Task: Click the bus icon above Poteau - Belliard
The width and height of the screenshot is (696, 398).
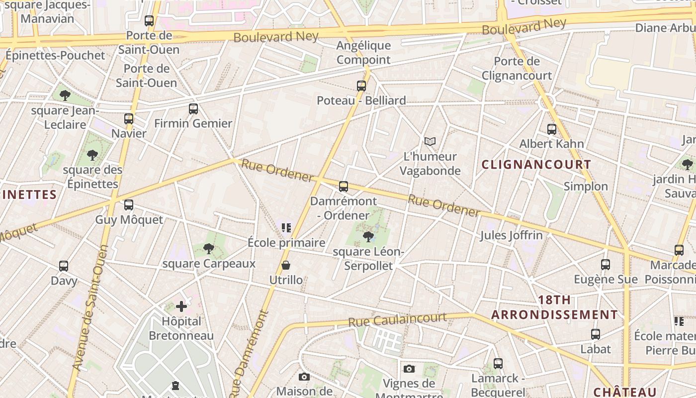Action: tap(361, 86)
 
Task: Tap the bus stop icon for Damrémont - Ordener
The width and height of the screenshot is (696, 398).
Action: tap(344, 187)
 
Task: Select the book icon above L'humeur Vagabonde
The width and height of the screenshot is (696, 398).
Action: tap(430, 142)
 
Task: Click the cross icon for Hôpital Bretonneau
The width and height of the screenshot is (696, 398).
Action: tap(181, 306)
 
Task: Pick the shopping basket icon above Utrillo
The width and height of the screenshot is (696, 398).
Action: tap(286, 265)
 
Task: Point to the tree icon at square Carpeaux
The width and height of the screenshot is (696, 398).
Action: tap(209, 248)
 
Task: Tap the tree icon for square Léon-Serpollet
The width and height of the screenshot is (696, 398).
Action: tap(368, 236)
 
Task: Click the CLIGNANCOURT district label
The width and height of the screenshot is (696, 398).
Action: tap(536, 165)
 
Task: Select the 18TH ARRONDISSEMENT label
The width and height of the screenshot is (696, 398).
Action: tap(554, 307)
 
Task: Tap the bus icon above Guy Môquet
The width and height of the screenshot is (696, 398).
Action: tap(129, 204)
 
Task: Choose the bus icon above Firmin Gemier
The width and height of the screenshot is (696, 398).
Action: tap(193, 108)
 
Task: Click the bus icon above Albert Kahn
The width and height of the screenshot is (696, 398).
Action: tap(552, 129)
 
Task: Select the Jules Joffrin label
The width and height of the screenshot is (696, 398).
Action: tap(511, 235)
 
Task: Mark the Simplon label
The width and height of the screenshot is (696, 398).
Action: tap(586, 187)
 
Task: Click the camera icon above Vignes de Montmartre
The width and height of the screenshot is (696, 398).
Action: tap(409, 369)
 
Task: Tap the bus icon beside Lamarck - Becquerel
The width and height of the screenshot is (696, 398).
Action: tap(498, 364)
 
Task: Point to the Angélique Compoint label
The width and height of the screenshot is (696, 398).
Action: tap(363, 53)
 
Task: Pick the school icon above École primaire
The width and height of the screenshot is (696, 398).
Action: tap(286, 228)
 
